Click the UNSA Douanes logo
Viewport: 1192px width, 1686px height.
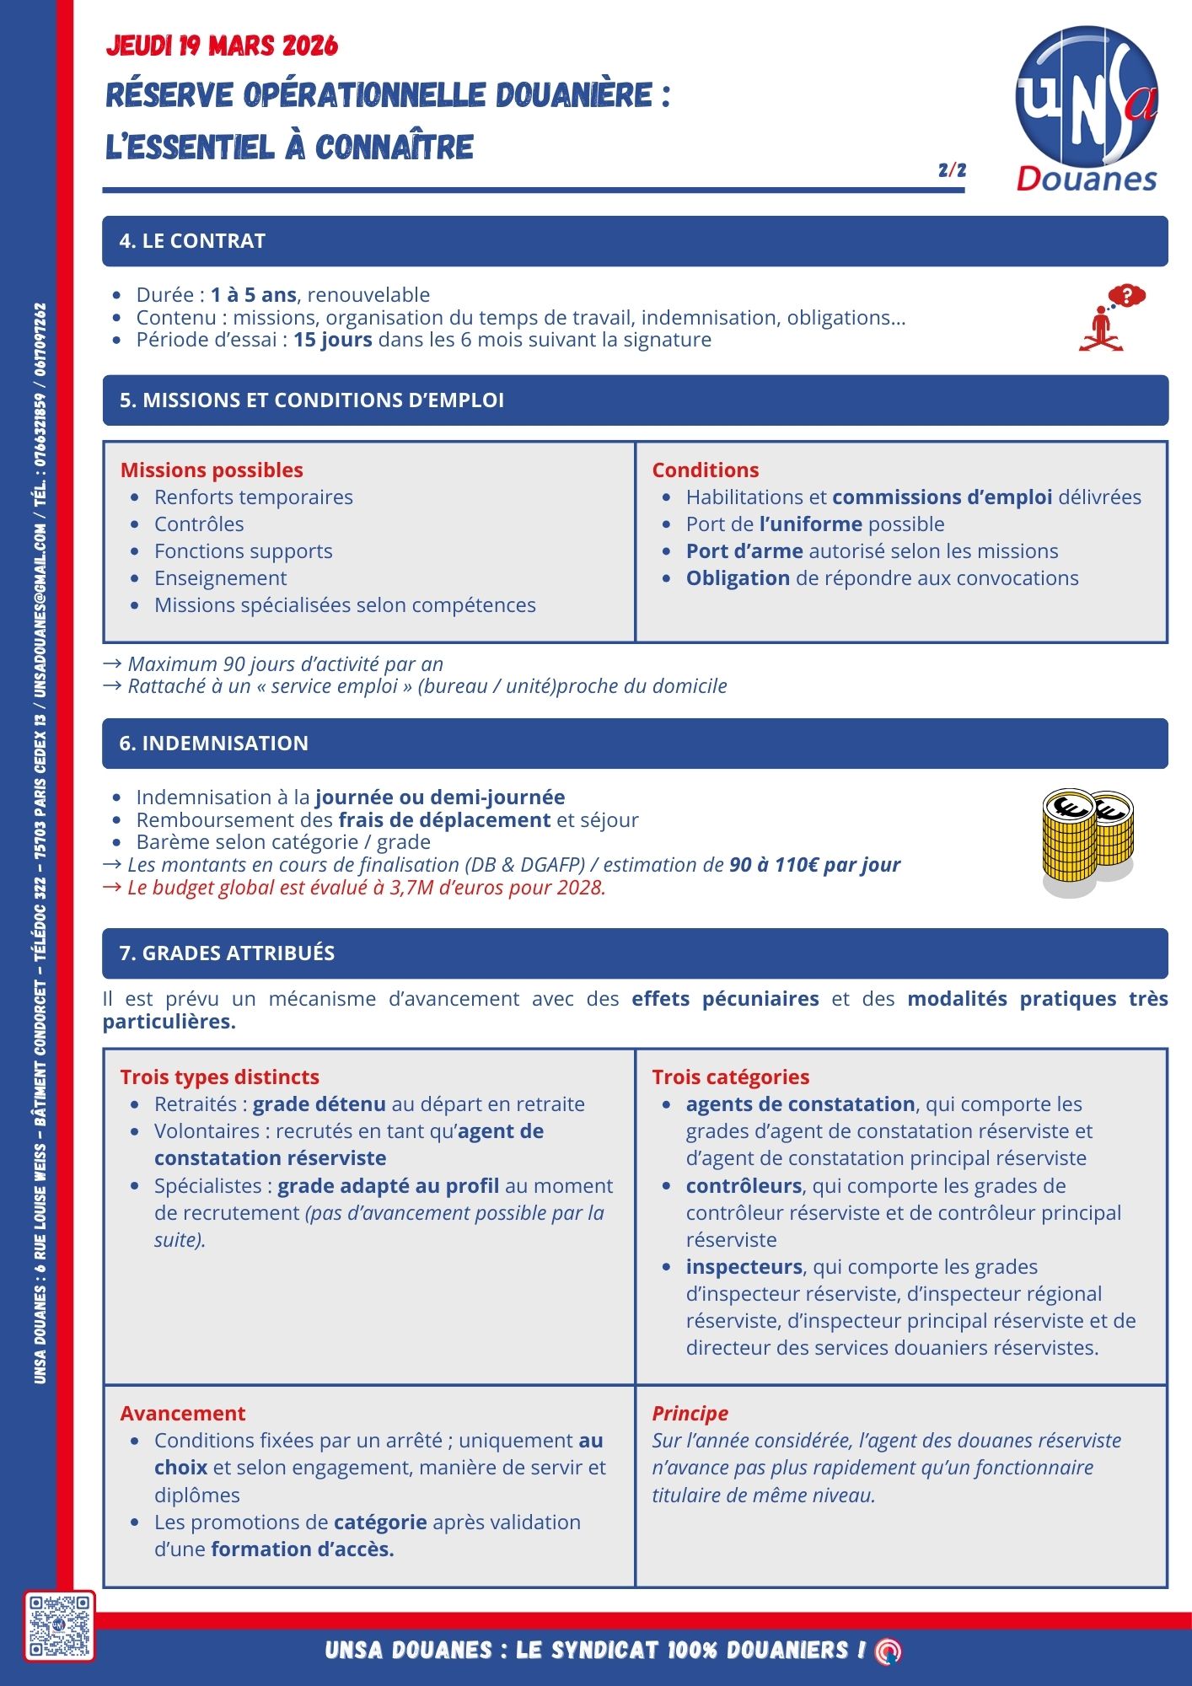(1087, 108)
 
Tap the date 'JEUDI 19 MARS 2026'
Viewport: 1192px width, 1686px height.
(222, 46)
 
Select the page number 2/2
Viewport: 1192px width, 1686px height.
(952, 170)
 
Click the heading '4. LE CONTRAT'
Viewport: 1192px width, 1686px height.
(192, 241)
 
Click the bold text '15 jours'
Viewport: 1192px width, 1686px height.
(332, 340)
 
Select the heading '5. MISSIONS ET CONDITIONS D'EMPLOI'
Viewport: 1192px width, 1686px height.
(311, 400)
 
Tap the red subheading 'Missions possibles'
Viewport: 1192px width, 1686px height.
(212, 470)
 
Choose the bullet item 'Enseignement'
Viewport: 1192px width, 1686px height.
(220, 578)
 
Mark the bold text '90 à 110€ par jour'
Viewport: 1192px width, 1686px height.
(814, 865)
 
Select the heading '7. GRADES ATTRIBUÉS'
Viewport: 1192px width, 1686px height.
(227, 953)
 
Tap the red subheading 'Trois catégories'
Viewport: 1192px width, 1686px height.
(730, 1077)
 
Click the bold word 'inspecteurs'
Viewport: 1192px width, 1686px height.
(744, 1267)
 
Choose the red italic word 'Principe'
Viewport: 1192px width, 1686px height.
(690, 1414)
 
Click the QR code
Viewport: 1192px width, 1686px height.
(59, 1626)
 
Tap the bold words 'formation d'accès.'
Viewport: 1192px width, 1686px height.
(303, 1549)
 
